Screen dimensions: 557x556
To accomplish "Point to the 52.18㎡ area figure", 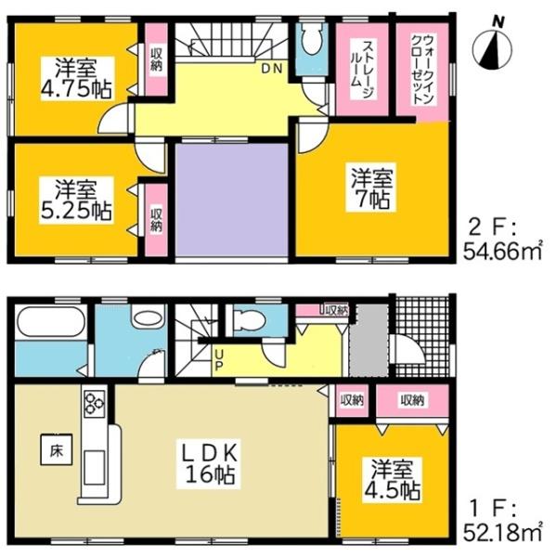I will coord(507,532).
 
